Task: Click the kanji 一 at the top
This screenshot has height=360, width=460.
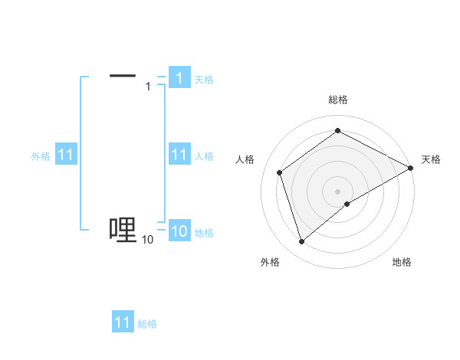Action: pyautogui.click(x=123, y=75)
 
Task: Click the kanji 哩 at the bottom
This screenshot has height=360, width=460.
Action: pyautogui.click(x=123, y=229)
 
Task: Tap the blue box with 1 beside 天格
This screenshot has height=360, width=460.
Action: pyautogui.click(x=179, y=78)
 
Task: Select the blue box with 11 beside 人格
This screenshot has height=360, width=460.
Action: pyautogui.click(x=179, y=155)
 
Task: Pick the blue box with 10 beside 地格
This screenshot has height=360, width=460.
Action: pyautogui.click(x=179, y=232)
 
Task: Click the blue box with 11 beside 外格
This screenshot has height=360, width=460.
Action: pyautogui.click(x=65, y=155)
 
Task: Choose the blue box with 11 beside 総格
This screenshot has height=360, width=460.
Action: pyautogui.click(x=123, y=322)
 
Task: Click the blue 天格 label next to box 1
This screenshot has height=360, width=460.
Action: pyautogui.click(x=204, y=79)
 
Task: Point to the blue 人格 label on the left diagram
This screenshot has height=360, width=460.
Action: pyautogui.click(x=204, y=156)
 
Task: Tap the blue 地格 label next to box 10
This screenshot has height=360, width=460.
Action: pyautogui.click(x=204, y=233)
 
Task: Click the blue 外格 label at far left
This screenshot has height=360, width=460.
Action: pyautogui.click(x=41, y=156)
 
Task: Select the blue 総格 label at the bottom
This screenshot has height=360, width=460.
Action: pyautogui.click(x=147, y=324)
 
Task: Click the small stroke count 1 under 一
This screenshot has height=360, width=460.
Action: pyautogui.click(x=148, y=87)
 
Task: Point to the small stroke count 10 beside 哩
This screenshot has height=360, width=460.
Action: pyautogui.click(x=147, y=241)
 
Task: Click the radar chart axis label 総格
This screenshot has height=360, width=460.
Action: pyautogui.click(x=337, y=100)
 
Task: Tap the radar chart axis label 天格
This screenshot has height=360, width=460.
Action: pyautogui.click(x=432, y=159)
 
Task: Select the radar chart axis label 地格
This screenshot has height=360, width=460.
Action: pyautogui.click(x=402, y=262)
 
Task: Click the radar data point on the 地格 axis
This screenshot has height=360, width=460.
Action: pyautogui.click(x=347, y=204)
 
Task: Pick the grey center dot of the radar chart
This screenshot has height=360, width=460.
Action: pyautogui.click(x=337, y=191)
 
